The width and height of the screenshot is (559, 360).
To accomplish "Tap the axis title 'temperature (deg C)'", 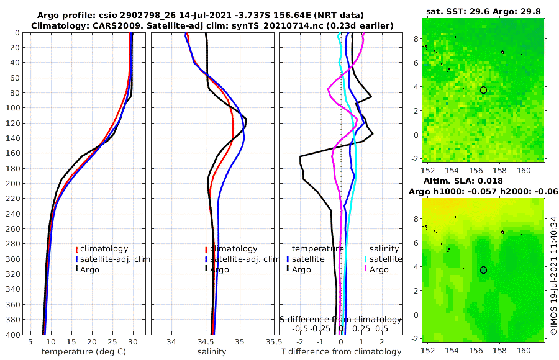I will click(81, 352).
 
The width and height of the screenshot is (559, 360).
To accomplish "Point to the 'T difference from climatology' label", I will click(342, 352).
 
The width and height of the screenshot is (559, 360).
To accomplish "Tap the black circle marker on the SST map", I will click(483, 90).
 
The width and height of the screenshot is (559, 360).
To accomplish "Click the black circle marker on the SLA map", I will click(483, 270).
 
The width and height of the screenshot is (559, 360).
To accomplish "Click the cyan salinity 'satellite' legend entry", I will click(386, 259).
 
